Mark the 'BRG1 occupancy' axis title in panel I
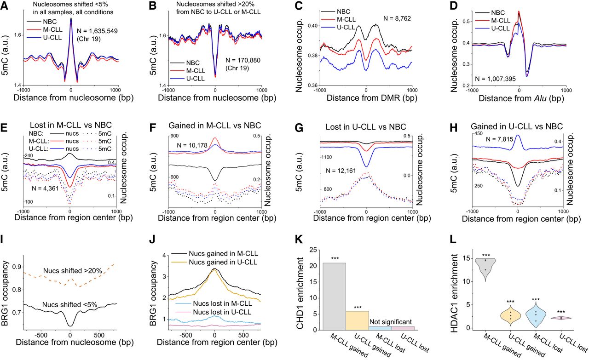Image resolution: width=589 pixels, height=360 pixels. coord(6,291)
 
